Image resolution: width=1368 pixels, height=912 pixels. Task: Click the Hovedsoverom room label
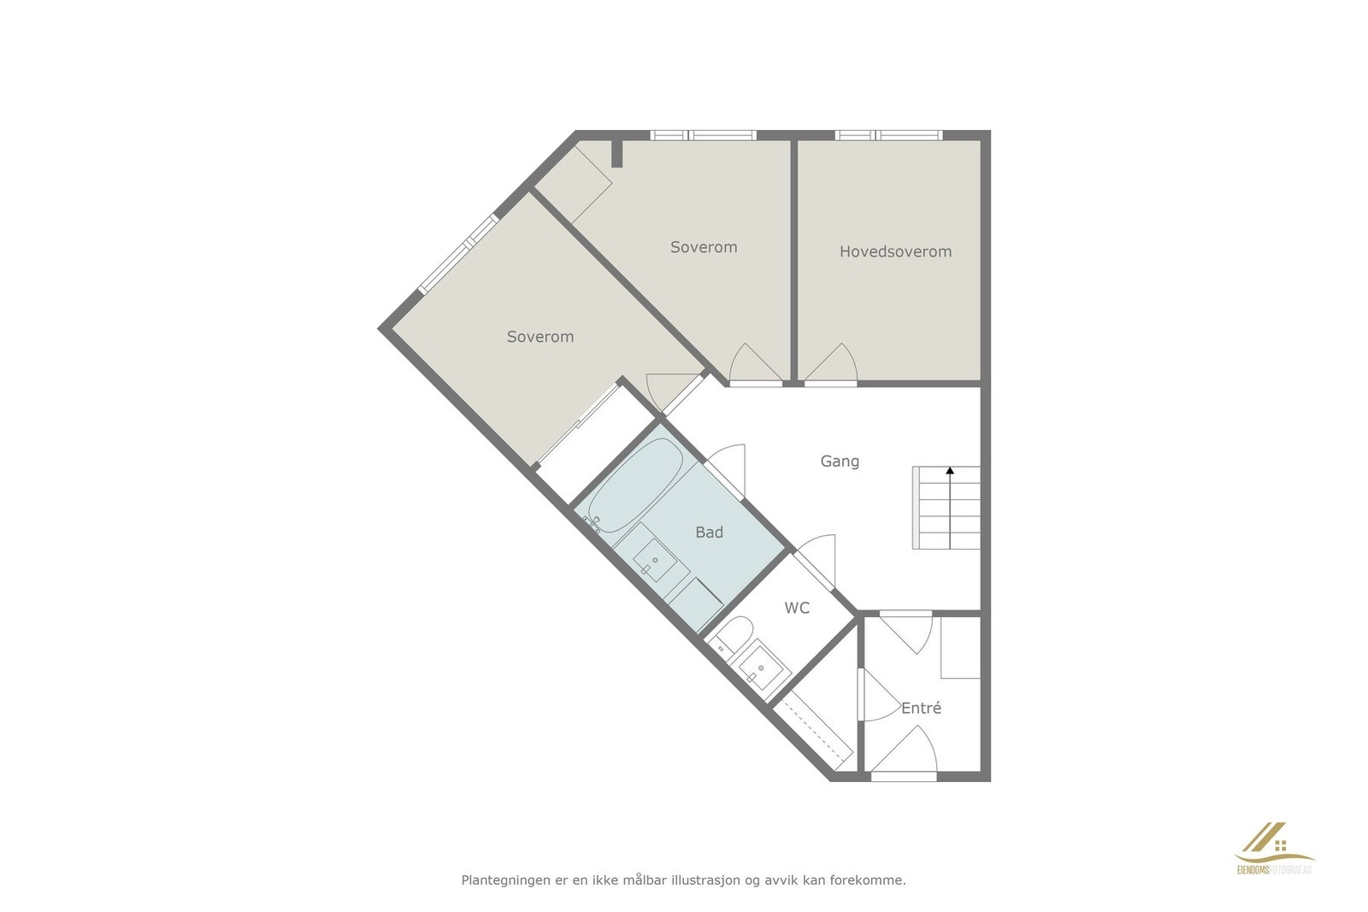[x=895, y=251]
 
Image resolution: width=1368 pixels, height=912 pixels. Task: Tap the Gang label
[x=840, y=461]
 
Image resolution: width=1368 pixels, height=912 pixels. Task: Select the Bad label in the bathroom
[x=709, y=532]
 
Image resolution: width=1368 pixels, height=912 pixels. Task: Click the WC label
[x=797, y=608]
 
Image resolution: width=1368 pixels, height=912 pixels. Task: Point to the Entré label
[x=921, y=708]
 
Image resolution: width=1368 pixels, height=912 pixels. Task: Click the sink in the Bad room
[x=655, y=561]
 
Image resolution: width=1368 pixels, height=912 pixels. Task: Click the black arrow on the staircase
[x=950, y=470]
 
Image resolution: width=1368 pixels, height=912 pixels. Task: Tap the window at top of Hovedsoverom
[x=888, y=135]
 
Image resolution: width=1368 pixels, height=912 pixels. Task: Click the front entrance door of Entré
[x=905, y=754]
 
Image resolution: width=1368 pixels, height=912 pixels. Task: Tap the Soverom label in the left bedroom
[x=540, y=337]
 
